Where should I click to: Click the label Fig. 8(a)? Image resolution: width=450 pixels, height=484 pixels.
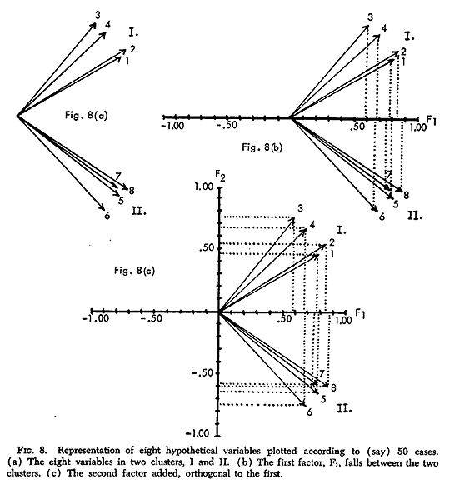86,116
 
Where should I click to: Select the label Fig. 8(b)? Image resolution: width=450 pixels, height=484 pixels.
262,147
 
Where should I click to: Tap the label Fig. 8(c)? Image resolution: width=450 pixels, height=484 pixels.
134,271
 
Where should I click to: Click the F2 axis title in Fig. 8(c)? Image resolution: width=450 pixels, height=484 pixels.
220,177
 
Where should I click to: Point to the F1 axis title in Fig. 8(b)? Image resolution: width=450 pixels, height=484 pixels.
432,121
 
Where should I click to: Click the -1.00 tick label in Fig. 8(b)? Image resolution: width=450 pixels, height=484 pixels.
173,126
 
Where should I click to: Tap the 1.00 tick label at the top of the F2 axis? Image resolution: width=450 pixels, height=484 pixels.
204,187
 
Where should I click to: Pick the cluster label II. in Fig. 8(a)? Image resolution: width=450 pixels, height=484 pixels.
138,212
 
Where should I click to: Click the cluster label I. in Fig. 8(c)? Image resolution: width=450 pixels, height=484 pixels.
342,230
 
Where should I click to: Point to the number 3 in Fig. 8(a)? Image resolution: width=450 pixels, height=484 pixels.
97,16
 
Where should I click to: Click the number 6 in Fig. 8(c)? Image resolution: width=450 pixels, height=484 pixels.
309,412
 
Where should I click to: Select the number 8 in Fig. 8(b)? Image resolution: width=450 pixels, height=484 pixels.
406,195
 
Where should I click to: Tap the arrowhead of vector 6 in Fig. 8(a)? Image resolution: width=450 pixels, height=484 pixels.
102,207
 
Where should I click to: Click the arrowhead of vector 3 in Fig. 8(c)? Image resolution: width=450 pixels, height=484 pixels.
292,220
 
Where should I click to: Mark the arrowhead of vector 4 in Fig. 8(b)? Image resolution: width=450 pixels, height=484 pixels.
377,37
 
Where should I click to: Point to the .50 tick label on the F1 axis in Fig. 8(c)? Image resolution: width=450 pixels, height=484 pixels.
284,319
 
